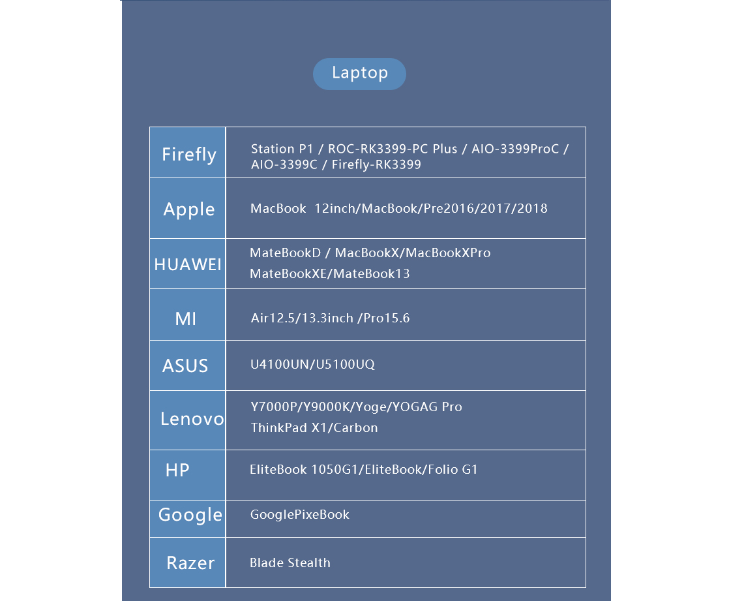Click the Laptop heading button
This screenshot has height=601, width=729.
point(359,74)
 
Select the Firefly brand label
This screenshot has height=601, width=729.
point(188,155)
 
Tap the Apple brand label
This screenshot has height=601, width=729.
point(188,209)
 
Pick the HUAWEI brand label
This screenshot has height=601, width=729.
point(188,265)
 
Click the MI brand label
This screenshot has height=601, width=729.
point(185,319)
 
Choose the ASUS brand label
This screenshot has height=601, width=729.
point(185,366)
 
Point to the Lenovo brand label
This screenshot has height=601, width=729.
point(192,419)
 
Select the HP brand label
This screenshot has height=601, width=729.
point(177,470)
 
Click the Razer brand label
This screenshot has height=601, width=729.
point(190,563)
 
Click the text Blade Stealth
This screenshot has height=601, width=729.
point(290,563)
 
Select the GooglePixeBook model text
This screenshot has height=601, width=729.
point(300,514)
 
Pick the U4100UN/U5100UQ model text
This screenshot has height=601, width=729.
point(312,364)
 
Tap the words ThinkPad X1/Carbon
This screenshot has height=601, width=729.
point(314,427)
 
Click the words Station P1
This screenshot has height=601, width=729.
point(282,149)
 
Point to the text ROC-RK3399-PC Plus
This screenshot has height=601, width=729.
point(393,149)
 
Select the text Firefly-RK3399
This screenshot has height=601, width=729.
point(376,164)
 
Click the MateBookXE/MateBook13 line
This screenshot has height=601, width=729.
point(330,273)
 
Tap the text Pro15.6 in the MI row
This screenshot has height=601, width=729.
point(387,318)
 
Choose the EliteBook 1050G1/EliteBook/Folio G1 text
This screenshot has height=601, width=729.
point(364,469)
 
